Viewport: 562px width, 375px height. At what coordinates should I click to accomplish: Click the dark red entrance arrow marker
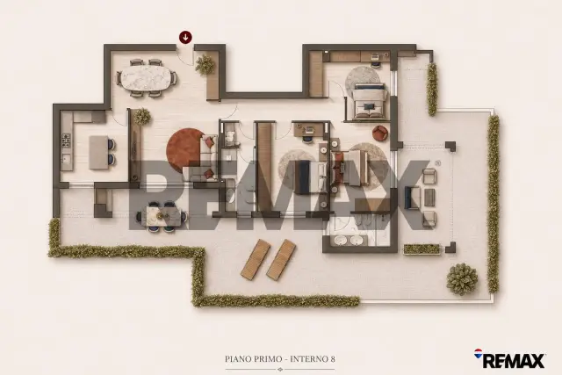coord(185,37)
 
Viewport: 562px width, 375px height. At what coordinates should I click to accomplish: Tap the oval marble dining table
coord(147,78)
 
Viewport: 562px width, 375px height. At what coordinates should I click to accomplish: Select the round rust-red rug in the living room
coord(185,148)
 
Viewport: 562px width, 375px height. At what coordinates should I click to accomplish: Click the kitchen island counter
coord(98,152)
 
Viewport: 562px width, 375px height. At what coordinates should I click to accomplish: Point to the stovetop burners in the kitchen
coord(66,141)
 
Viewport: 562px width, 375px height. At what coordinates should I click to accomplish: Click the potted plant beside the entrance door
coord(205,64)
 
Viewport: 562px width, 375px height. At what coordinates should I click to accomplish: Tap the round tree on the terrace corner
coord(462,278)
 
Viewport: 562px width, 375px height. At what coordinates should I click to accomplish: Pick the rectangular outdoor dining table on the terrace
coord(162,217)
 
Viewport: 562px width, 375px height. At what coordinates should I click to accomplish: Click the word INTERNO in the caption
coord(308,359)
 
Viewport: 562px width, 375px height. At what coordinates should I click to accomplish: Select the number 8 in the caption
coord(332,359)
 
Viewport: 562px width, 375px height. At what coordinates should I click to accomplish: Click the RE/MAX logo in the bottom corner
coord(509,359)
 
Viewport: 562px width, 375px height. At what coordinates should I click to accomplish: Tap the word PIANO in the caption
coord(237,359)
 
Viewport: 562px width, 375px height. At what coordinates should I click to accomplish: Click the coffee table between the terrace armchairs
coord(429,198)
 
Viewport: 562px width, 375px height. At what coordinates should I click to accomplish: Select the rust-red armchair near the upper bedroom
coord(380,133)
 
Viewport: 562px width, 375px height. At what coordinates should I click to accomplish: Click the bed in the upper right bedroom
coord(370,101)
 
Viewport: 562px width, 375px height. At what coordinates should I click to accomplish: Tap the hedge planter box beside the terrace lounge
coord(421,249)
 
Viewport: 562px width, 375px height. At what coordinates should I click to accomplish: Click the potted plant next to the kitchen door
coord(142,116)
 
